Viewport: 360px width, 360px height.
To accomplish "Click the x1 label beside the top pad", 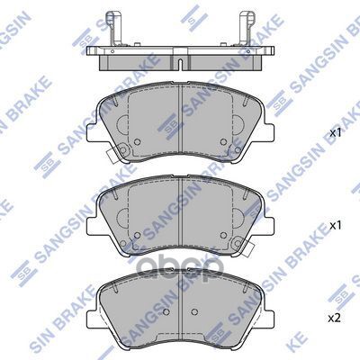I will [x=336, y=133].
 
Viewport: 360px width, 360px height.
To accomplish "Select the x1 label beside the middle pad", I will [x=336, y=226].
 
